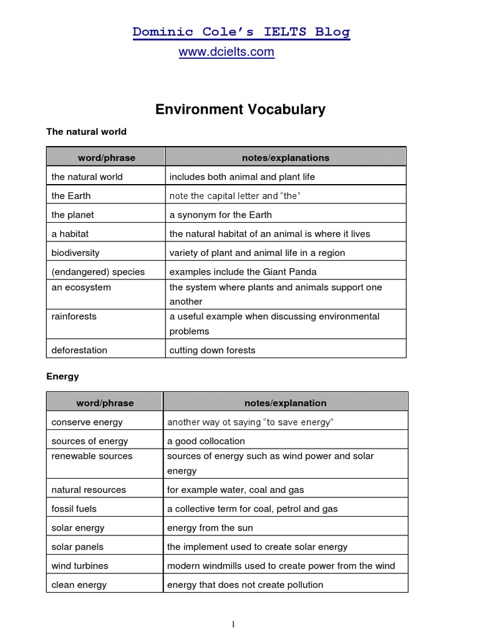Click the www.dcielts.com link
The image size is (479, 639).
226,52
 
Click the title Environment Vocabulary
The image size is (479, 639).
240,110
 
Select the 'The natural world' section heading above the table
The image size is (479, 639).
86,132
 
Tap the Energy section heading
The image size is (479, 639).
62,376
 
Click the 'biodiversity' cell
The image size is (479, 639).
75,253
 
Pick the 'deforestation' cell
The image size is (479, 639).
79,350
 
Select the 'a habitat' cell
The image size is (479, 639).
70,234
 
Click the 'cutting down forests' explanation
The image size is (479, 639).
212,350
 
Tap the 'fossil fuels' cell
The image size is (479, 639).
74,509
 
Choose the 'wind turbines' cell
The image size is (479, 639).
80,566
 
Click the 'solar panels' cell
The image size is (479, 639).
77,547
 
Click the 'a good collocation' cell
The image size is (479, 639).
206,441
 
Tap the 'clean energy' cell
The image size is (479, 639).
79,585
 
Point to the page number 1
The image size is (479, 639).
233,624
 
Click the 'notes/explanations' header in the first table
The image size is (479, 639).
286,158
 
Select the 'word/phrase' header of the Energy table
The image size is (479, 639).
105,403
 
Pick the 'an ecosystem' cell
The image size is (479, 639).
81,288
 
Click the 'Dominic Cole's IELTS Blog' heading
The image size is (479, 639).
241,32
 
